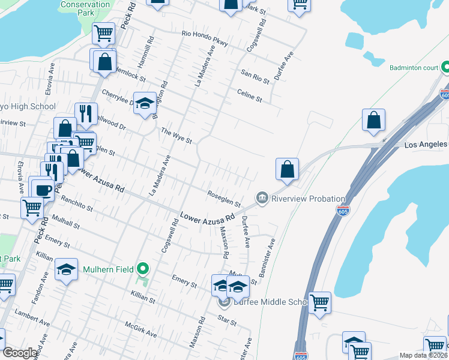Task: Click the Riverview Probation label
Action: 308,199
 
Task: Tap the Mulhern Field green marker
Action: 142,269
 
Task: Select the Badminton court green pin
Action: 445,68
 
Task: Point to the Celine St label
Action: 250,94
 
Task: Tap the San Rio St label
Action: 255,76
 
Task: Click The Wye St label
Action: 176,136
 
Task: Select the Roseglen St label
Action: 223,199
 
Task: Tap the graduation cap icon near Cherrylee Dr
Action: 145,104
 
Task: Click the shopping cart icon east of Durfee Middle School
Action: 319,303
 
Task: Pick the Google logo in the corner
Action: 20,353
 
